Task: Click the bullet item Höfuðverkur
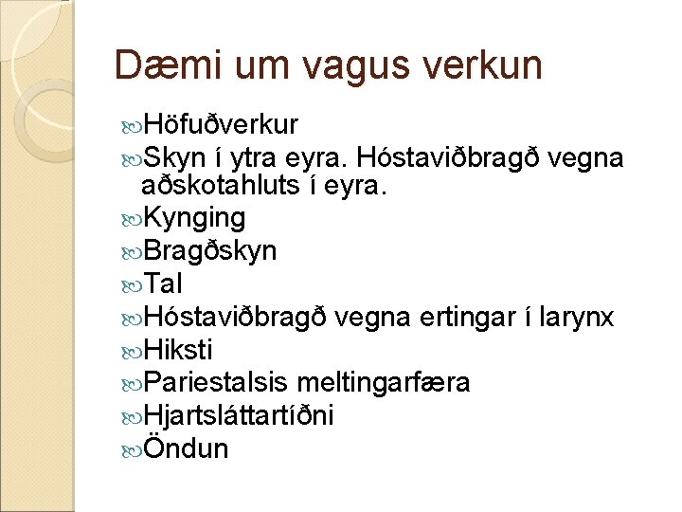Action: click(x=220, y=125)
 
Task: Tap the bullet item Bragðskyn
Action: click(x=209, y=251)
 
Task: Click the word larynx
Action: click(x=576, y=317)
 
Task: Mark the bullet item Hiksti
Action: click(x=182, y=350)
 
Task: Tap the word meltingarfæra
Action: click(x=383, y=382)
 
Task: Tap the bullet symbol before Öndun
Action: click(x=132, y=448)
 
